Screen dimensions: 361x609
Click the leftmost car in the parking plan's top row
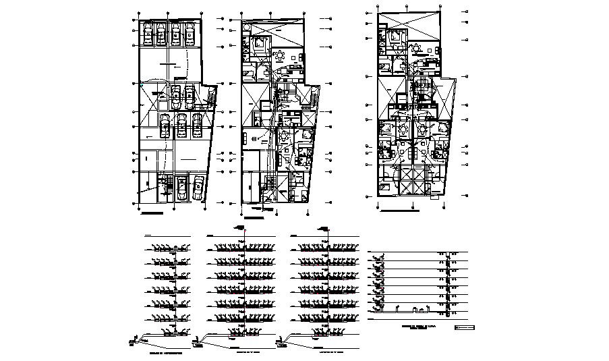point(145,33)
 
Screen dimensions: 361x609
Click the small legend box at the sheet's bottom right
point(465,328)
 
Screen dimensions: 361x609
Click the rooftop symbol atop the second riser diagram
point(239,227)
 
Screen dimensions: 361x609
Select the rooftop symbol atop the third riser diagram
point(324,227)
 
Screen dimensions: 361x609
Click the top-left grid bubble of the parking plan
point(138,13)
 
